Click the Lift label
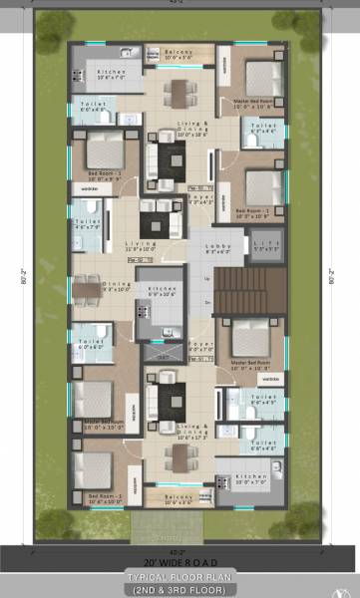(260, 245)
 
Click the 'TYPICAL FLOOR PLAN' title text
(180, 577)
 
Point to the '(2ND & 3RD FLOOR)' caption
(180, 590)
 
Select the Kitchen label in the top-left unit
(110, 74)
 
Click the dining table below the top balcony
(180, 92)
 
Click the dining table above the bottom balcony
(180, 456)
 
